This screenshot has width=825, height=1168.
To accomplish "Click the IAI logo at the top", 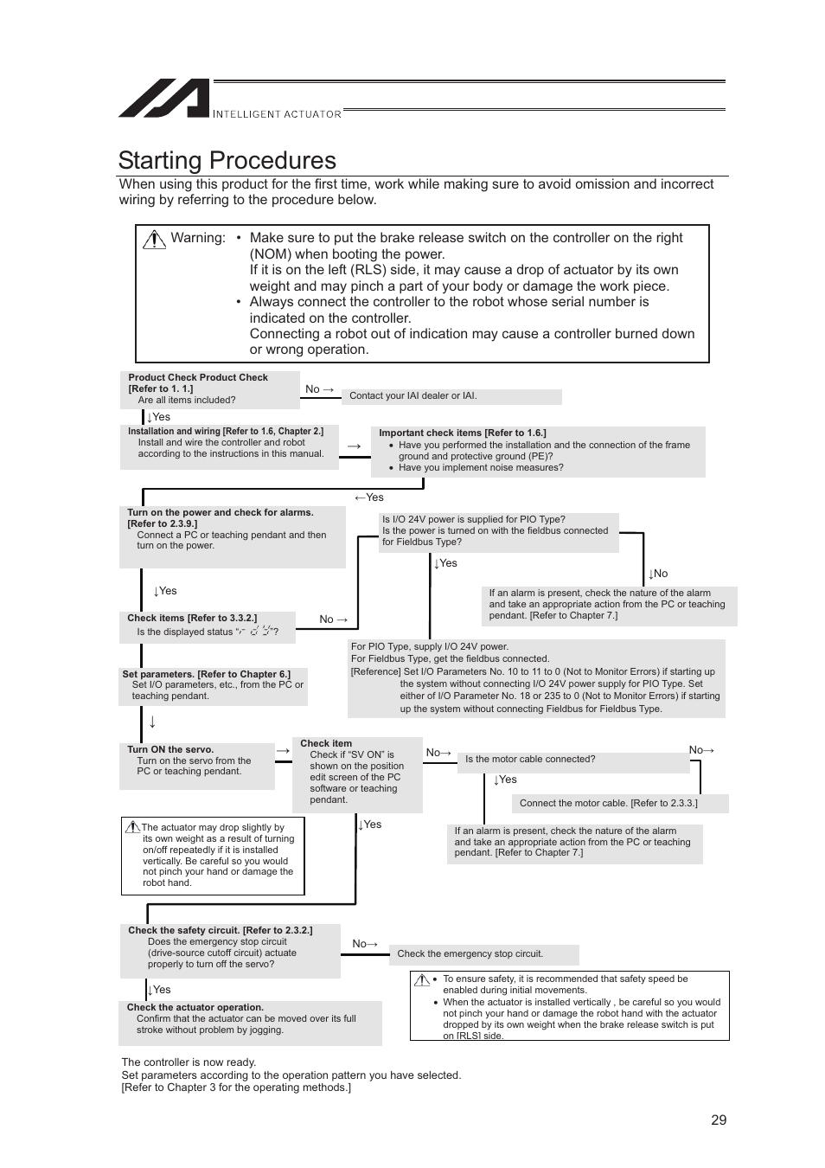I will click(164, 99).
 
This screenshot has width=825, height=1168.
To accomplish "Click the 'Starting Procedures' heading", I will click(227, 161).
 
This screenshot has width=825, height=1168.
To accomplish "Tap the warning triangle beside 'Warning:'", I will click(154, 240).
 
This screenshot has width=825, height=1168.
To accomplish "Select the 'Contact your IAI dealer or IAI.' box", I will click(451, 396).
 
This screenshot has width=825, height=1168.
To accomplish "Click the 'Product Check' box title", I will click(198, 377).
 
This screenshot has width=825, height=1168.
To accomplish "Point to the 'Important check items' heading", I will click(462, 433).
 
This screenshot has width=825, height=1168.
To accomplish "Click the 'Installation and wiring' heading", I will click(225, 431).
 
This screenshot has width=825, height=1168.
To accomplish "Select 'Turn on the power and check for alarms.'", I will click(220, 512).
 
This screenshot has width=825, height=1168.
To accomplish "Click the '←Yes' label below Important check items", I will click(368, 497).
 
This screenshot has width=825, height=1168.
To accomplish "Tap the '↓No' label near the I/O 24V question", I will click(657, 574).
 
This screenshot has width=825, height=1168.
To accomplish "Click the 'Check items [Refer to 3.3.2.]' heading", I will click(191, 618).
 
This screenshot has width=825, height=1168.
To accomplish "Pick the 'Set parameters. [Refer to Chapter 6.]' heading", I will click(206, 674).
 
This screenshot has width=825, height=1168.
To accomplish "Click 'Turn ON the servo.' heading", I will click(169, 749).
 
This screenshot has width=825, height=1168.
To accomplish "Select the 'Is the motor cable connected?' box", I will click(529, 760).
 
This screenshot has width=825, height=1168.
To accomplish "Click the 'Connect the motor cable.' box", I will click(608, 804).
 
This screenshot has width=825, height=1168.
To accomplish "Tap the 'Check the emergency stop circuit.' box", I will click(470, 954).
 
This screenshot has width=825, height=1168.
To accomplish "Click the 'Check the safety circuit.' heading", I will click(220, 930).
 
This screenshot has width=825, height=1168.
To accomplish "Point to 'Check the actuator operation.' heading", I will click(195, 1007).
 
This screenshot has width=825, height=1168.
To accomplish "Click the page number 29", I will click(718, 1120).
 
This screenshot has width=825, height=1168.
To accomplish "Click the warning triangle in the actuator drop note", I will click(132, 827).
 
